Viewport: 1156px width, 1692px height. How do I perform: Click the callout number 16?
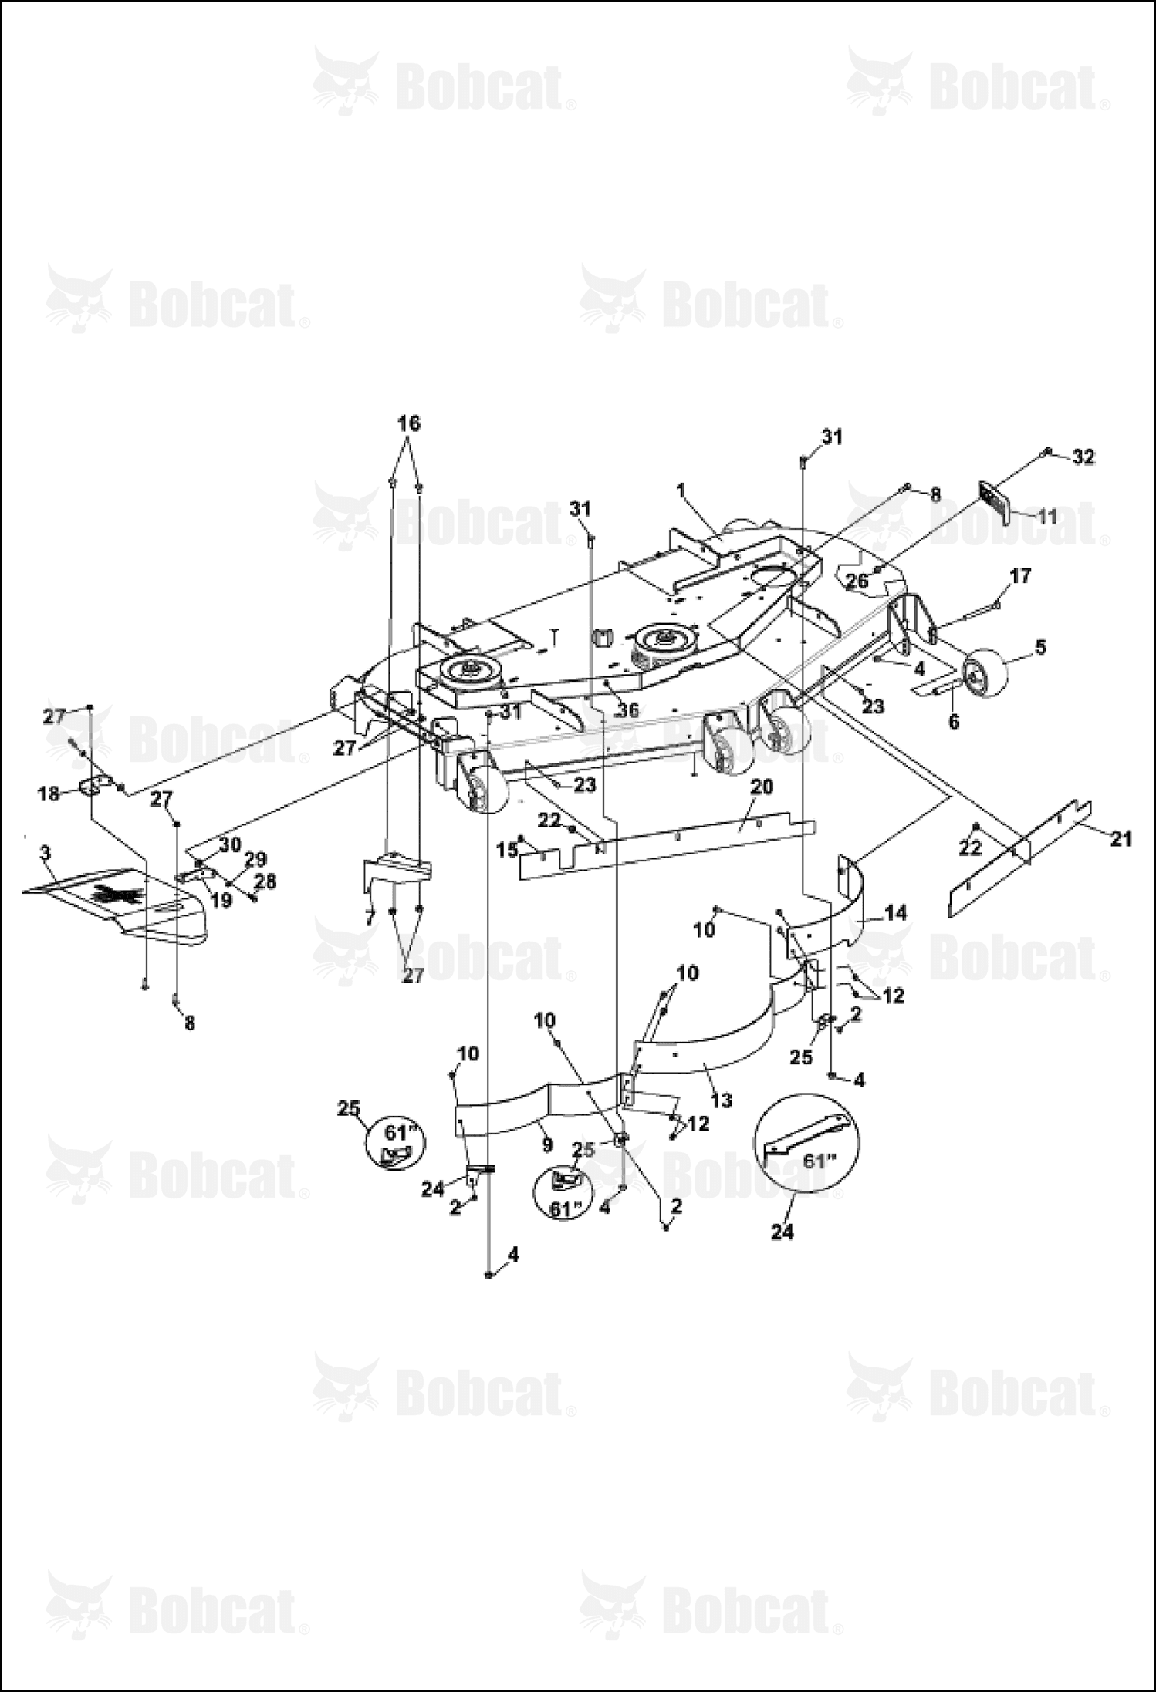[x=409, y=423]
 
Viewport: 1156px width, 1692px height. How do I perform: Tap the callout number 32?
[x=1083, y=457]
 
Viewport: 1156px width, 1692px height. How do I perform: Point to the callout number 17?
[x=1020, y=576]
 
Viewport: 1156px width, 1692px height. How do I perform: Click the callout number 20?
[x=761, y=787]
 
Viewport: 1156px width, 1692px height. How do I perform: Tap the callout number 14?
[x=896, y=913]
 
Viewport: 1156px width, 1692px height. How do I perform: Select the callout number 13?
[x=721, y=1100]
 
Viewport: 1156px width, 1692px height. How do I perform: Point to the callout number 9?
[x=547, y=1145]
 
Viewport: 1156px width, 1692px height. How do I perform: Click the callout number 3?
[x=46, y=853]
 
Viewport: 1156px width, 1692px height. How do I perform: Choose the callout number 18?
[x=49, y=793]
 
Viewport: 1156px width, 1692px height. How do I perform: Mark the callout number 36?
[x=628, y=709]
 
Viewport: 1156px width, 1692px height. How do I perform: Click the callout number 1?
[x=680, y=490]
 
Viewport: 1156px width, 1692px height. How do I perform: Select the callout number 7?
[x=370, y=918]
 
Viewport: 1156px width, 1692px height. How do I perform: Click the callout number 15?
[x=507, y=851]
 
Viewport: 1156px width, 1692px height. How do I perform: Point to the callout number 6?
[x=953, y=722]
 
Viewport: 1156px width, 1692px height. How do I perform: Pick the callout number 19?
[x=221, y=900]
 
